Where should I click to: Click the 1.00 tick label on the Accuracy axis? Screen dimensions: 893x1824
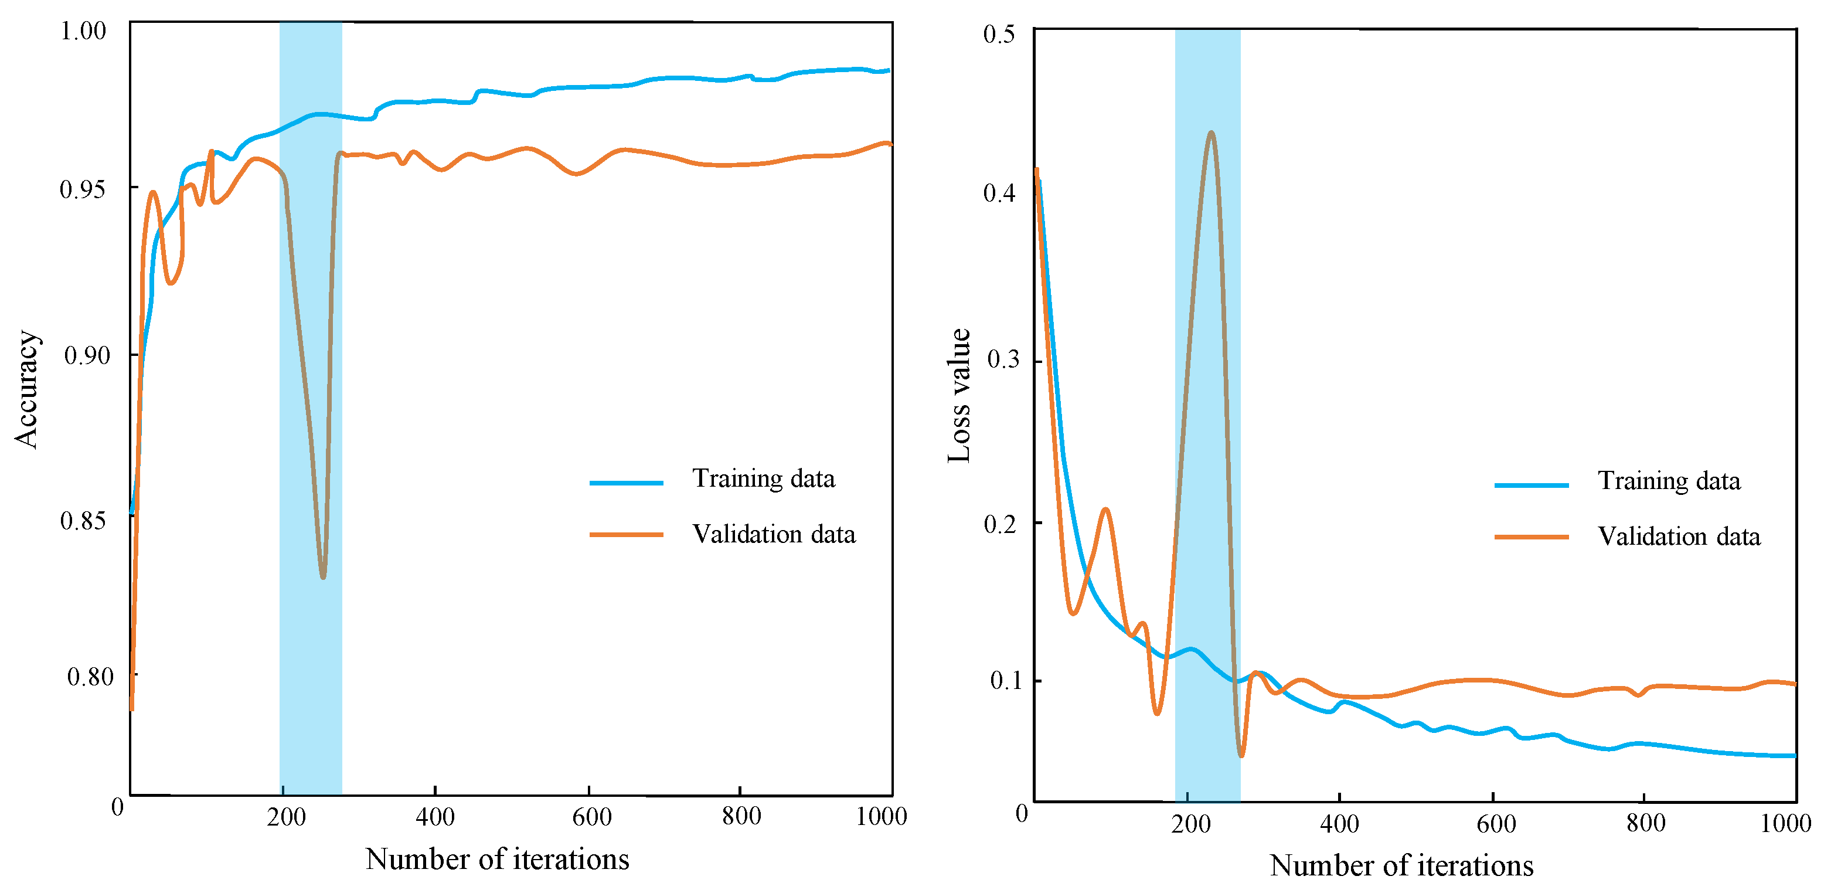tap(83, 30)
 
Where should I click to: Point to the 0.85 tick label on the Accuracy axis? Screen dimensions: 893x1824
tap(83, 521)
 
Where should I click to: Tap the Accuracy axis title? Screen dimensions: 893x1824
tap(27, 389)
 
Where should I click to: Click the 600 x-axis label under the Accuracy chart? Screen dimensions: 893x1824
tap(591, 817)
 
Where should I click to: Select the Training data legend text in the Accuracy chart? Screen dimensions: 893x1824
tap(763, 478)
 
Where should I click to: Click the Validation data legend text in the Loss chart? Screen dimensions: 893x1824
tap(1679, 536)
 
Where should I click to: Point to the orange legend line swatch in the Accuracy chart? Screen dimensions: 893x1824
tap(626, 534)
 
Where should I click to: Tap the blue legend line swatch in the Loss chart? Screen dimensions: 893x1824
tap(1531, 485)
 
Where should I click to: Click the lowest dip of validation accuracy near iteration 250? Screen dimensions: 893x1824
tap(323, 577)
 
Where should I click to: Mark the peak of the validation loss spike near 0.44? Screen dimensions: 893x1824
tap(1211, 133)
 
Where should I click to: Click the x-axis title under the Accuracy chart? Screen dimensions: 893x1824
tap(497, 859)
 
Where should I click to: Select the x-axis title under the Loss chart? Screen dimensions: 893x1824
tap(1401, 865)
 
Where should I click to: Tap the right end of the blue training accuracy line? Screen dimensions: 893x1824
tap(888, 70)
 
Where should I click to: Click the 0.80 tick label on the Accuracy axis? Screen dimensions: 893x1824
tap(90, 676)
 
